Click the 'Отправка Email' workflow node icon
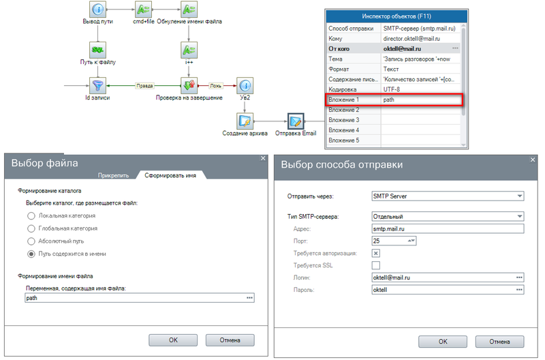(296, 121)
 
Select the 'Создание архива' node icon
(245, 121)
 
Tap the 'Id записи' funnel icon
(98, 86)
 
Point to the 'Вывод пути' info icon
(98, 10)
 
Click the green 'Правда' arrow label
(144, 86)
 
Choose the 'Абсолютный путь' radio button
(31, 241)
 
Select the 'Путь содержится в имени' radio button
(31, 254)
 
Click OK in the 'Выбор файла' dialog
(173, 340)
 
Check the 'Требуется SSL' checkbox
(375, 265)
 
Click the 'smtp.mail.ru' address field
(446, 229)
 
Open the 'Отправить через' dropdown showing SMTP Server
(446, 196)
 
